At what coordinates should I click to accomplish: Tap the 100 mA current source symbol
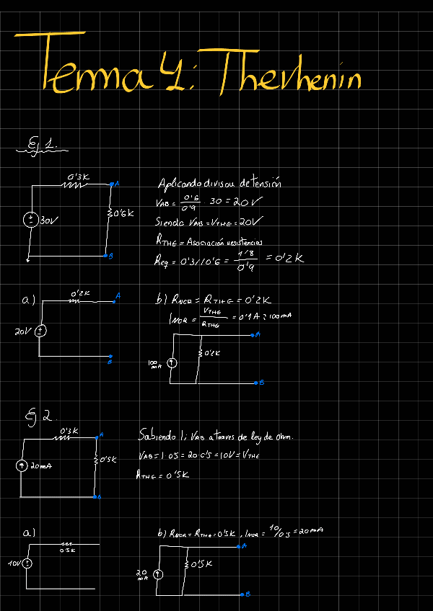tap(172, 363)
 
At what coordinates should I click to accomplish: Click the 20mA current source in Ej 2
tap(22, 466)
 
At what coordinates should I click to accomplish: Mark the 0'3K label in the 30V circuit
tap(78, 177)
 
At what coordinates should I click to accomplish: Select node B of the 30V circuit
tap(106, 256)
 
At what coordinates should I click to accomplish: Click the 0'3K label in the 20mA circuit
tap(69, 430)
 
